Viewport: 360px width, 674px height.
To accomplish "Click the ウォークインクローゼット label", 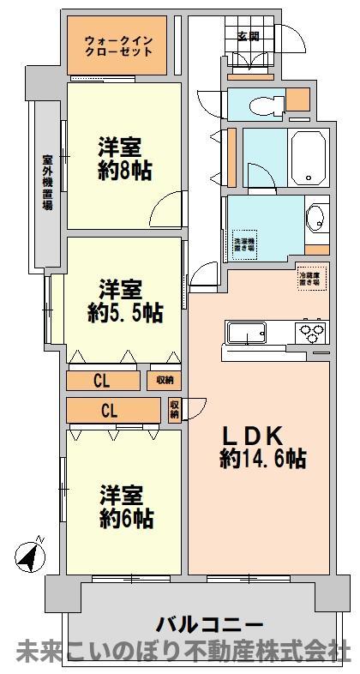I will tap(119, 45).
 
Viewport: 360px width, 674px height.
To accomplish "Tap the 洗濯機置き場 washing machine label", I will tap(244, 241).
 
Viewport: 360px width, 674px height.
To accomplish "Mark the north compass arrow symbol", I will tap(30, 557).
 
